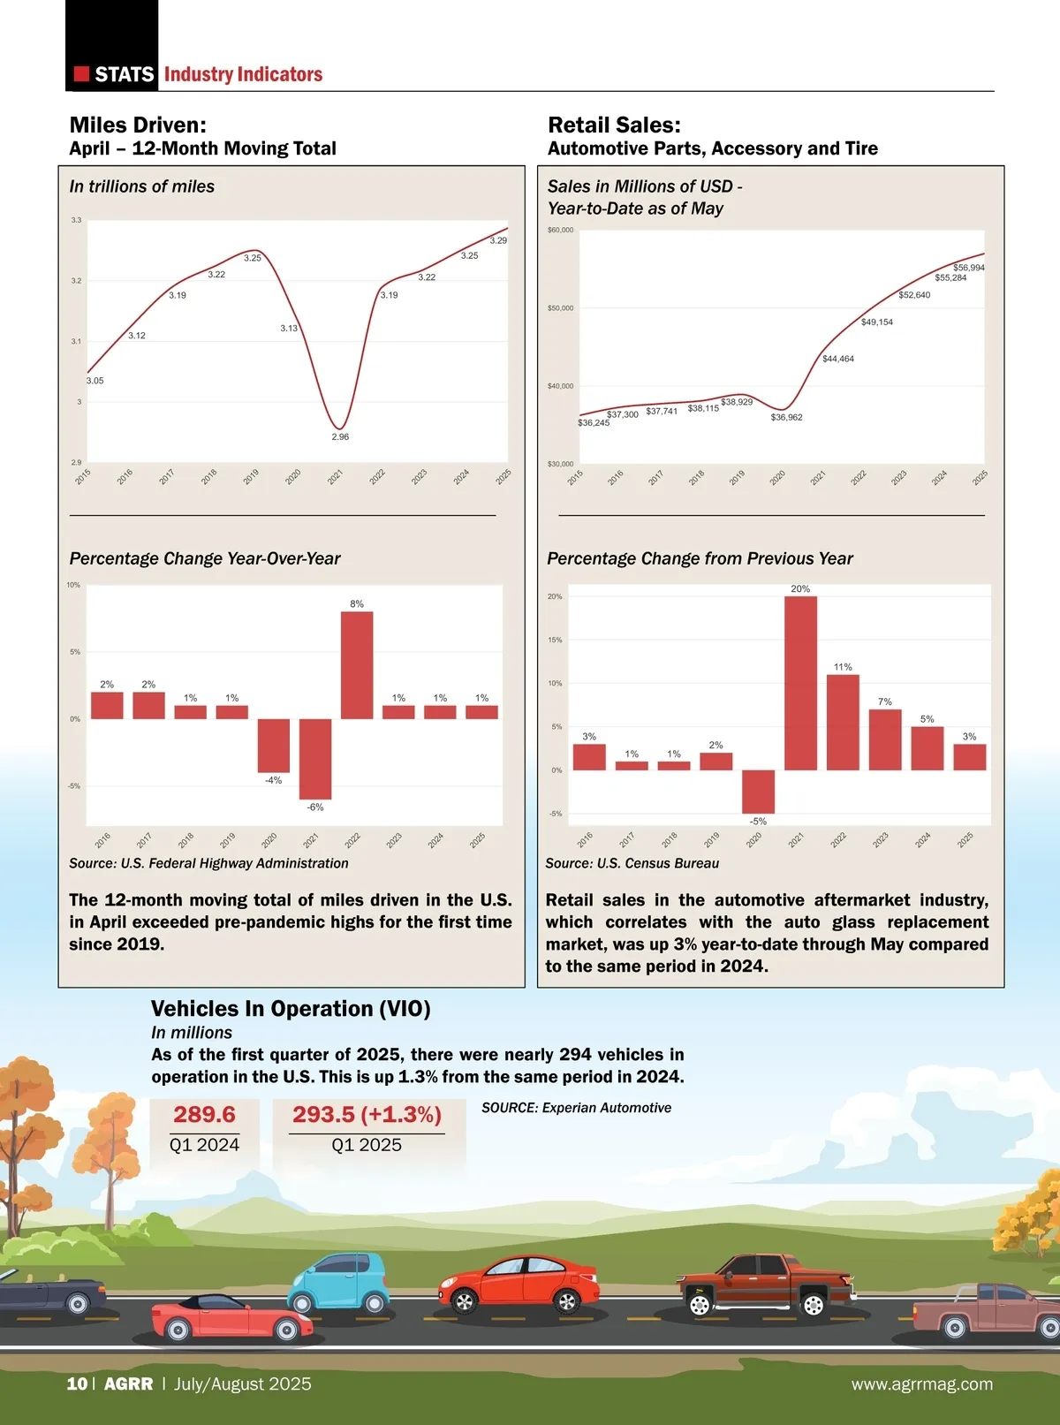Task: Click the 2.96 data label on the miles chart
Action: (x=340, y=437)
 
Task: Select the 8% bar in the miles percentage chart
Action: (x=357, y=664)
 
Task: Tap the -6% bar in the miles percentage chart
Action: (x=315, y=759)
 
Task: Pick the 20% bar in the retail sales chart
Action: (x=800, y=683)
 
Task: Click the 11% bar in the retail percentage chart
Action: (x=843, y=722)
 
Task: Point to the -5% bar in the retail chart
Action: (x=758, y=792)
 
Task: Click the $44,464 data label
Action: (x=837, y=360)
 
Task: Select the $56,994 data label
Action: (x=968, y=268)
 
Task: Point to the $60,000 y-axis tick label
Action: (x=560, y=231)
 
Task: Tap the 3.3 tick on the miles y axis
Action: (x=76, y=220)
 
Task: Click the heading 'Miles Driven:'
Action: (x=138, y=125)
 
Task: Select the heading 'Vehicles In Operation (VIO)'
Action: (x=291, y=1009)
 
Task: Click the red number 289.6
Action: (x=204, y=1115)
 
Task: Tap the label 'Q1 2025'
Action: (x=367, y=1145)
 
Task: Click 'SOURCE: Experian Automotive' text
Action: (x=576, y=1108)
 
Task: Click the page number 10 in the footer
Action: (x=77, y=1384)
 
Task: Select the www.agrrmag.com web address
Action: (x=921, y=1384)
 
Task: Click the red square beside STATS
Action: (x=81, y=74)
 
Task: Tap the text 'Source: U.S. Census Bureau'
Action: (x=632, y=863)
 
